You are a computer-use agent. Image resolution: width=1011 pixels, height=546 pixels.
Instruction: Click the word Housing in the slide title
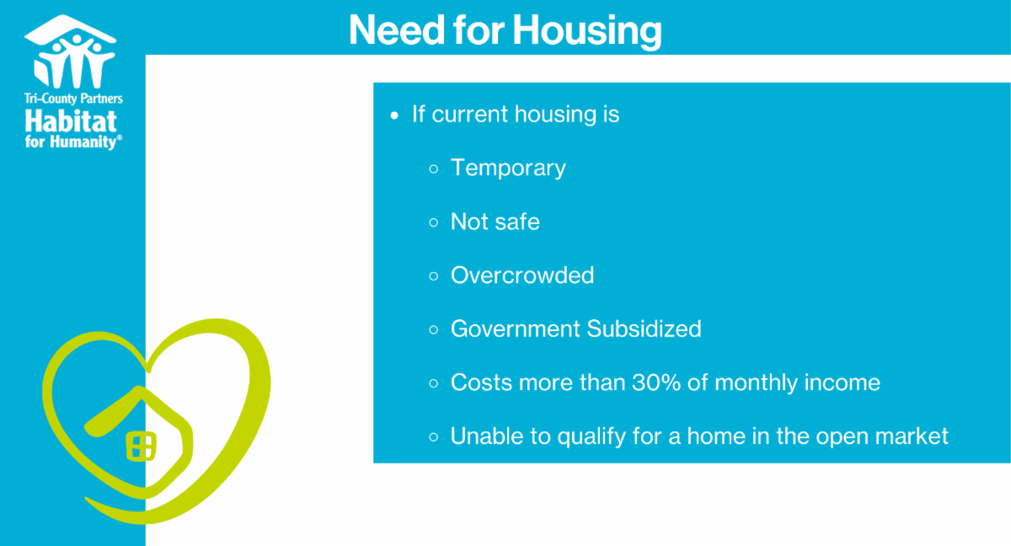[x=587, y=30]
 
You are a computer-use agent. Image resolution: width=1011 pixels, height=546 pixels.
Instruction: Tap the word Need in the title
[x=397, y=29]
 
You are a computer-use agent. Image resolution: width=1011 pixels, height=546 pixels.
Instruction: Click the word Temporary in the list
[x=508, y=169]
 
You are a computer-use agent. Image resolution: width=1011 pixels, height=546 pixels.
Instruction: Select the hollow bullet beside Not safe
[x=434, y=222]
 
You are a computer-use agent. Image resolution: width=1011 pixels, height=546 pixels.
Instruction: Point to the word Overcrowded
[x=522, y=276]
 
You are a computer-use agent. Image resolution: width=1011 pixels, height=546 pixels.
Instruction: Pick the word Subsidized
[x=644, y=329]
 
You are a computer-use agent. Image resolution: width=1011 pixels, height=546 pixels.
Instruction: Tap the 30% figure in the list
[x=656, y=383]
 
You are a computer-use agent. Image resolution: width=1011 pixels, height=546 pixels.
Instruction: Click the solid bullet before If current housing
[x=394, y=116]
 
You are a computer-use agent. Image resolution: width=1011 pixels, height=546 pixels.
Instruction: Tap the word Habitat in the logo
[x=71, y=121]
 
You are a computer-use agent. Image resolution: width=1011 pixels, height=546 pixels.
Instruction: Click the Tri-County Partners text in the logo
[x=73, y=99]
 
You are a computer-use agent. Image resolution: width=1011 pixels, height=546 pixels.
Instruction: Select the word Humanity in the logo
[x=84, y=142]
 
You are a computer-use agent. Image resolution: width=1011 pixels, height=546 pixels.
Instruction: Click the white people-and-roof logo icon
[x=71, y=52]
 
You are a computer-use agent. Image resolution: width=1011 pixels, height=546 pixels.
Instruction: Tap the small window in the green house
[x=141, y=447]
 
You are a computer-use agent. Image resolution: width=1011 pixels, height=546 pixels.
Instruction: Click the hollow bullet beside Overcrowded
[x=434, y=276]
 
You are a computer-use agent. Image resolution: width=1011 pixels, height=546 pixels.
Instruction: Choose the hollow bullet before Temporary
[x=434, y=169]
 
